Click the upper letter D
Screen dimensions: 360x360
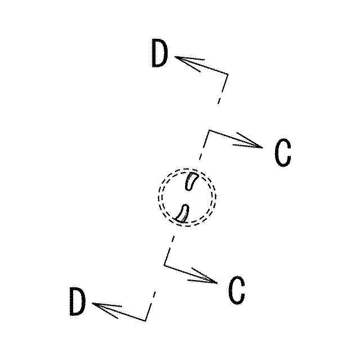click(x=160, y=54)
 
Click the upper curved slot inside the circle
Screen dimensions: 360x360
click(x=191, y=181)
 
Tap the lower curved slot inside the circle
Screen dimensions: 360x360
click(x=183, y=211)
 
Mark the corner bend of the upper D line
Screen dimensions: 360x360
click(x=227, y=74)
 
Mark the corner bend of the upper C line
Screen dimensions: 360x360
click(x=209, y=131)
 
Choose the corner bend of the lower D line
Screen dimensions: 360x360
click(x=146, y=320)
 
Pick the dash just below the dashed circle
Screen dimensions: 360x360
click(x=171, y=242)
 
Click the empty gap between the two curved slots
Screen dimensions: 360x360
click(x=187, y=197)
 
